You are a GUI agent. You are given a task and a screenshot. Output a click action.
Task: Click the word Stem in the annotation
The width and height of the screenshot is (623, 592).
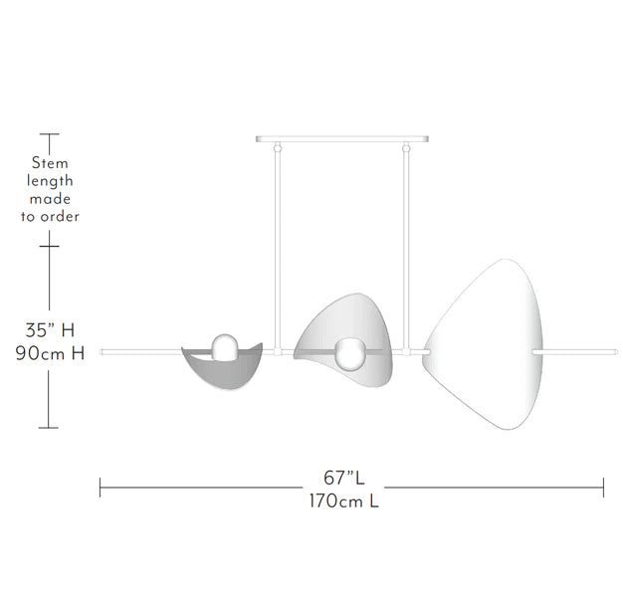[50, 162]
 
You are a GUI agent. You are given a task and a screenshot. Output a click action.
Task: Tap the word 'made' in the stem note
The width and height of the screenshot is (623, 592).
[50, 198]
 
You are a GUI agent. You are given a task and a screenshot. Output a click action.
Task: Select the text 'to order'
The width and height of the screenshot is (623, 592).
[50, 216]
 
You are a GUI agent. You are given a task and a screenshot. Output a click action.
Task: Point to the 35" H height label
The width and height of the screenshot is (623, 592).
[50, 329]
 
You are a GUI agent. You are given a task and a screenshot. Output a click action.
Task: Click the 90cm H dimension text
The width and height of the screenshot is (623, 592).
[50, 353]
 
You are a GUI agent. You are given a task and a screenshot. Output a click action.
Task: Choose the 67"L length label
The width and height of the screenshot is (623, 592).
[343, 477]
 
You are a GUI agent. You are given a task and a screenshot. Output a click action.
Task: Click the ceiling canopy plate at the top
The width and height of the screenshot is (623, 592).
[343, 139]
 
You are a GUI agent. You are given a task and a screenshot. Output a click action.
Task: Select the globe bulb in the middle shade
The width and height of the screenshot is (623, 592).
[349, 353]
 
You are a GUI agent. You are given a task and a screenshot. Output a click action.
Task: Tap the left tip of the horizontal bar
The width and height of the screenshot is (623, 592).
[103, 350]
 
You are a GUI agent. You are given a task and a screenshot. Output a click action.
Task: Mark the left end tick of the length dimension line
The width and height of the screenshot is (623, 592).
[101, 488]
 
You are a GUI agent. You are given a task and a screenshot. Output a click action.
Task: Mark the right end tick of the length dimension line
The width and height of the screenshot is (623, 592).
[603, 488]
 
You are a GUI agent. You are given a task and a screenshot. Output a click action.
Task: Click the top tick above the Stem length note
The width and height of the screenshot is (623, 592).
[49, 133]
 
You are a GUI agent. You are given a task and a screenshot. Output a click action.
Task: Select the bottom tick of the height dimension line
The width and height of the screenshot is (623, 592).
[49, 430]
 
